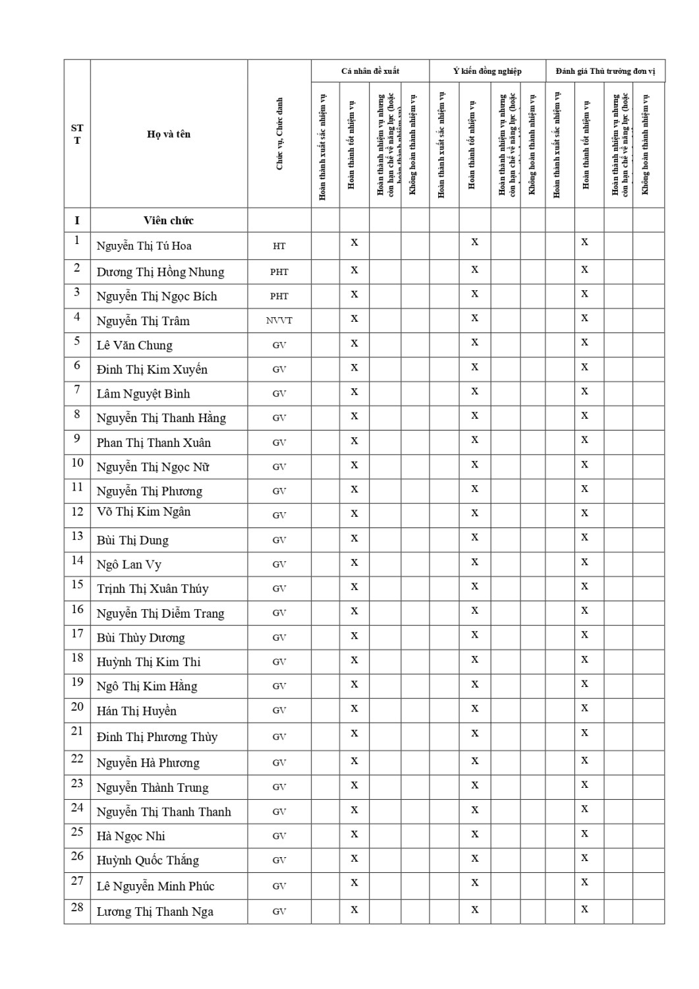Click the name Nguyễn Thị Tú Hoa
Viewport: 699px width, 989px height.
click(144, 246)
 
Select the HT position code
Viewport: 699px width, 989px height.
click(279, 246)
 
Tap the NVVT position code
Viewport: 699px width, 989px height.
click(279, 320)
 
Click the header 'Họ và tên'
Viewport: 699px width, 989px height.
click(169, 134)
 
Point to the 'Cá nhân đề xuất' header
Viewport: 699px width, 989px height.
click(370, 71)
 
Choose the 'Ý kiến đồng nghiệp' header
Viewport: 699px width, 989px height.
click(488, 71)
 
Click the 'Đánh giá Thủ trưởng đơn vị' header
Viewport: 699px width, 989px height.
click(605, 71)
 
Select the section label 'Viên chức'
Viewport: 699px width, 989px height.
click(169, 220)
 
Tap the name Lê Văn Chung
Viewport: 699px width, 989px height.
click(134, 345)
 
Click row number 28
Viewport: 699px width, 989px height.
click(77, 907)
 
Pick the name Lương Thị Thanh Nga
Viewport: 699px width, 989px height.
click(155, 912)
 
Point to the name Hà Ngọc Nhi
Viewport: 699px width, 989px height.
click(130, 836)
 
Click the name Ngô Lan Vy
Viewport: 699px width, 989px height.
click(128, 564)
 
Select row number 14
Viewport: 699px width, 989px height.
click(77, 560)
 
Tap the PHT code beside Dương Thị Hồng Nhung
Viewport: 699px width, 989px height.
click(279, 272)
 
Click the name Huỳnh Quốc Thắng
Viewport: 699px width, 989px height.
click(148, 860)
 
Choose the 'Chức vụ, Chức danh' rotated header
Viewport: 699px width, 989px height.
click(279, 134)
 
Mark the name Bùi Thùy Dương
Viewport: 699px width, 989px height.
click(140, 638)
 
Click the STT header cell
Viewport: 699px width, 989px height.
click(77, 134)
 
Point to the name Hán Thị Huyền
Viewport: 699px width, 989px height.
click(136, 711)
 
